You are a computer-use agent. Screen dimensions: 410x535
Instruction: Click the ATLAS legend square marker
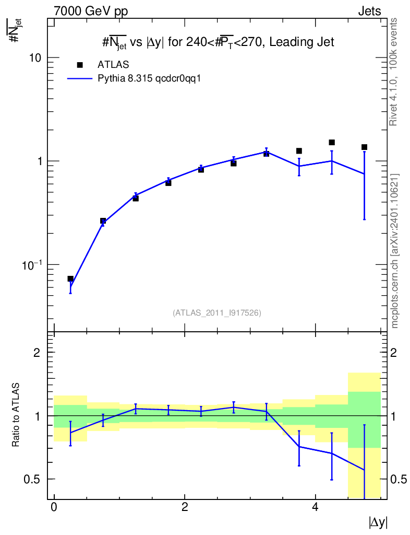click(x=80, y=65)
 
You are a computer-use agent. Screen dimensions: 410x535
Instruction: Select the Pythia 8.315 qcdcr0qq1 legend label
click(x=149, y=78)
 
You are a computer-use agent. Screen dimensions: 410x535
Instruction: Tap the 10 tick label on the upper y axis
click(x=35, y=57)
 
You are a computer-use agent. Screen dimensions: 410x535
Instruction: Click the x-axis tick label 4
click(x=316, y=507)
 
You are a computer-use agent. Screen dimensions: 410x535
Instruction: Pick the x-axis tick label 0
click(x=54, y=507)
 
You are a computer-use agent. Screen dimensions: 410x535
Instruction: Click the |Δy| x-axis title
click(x=378, y=522)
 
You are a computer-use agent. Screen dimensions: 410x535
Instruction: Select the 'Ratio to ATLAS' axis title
click(x=16, y=414)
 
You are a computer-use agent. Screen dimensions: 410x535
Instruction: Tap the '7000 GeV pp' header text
click(x=91, y=11)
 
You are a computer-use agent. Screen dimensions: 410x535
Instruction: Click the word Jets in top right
click(x=369, y=11)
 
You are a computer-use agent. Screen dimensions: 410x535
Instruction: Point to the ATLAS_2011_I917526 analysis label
click(x=217, y=313)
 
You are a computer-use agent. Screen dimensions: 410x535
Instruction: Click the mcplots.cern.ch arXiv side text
click(x=394, y=251)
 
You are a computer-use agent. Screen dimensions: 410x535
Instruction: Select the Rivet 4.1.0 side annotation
click(x=393, y=72)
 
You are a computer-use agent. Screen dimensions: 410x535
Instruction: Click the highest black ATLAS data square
click(x=332, y=142)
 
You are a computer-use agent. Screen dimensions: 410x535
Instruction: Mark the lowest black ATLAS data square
click(x=70, y=279)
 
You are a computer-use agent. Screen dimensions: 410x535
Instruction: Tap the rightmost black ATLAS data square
click(x=365, y=147)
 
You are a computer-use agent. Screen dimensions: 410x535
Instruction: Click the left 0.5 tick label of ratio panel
click(x=32, y=479)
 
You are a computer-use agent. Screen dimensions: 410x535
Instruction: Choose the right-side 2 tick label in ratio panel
click(x=393, y=353)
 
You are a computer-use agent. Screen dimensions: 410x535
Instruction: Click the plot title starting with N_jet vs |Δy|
click(x=218, y=42)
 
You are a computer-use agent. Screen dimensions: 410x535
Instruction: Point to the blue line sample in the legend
click(x=80, y=78)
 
